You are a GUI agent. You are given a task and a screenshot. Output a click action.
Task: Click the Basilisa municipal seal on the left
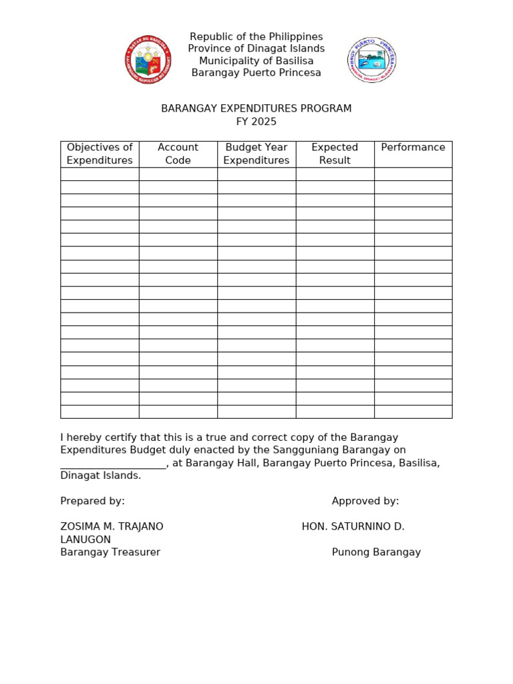point(148,60)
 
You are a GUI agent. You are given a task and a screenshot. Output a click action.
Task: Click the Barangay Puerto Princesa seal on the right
point(371,60)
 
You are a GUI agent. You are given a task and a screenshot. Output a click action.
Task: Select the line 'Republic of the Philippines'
point(256,37)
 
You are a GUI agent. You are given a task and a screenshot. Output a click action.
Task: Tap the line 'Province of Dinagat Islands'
point(256,49)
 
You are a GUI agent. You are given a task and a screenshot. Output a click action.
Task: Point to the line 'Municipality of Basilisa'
point(256,61)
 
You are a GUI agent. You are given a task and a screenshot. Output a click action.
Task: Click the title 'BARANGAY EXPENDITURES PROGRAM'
point(256,109)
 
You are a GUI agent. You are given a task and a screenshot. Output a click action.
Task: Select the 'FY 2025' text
point(256,122)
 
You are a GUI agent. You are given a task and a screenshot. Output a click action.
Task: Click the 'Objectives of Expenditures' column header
point(100,154)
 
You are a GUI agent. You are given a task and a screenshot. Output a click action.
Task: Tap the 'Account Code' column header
point(178,154)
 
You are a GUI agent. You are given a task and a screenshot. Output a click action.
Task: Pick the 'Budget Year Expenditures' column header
point(256,154)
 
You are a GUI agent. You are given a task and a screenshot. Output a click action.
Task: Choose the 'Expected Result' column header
point(335,154)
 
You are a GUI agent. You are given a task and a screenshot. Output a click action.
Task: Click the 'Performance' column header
point(413,148)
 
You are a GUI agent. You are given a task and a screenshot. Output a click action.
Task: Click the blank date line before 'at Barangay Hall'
point(113,464)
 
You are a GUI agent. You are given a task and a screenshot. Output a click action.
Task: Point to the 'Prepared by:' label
point(92,501)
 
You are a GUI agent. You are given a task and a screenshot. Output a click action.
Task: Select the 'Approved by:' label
point(365,501)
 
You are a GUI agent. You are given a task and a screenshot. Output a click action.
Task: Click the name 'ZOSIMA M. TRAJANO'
point(112,526)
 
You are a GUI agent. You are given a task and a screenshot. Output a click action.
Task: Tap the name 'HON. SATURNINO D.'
point(353,526)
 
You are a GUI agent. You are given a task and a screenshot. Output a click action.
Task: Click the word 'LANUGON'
point(85,540)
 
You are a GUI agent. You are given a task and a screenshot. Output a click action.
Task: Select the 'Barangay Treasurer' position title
point(110,552)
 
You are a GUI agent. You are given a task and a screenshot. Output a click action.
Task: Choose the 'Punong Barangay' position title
point(376,552)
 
